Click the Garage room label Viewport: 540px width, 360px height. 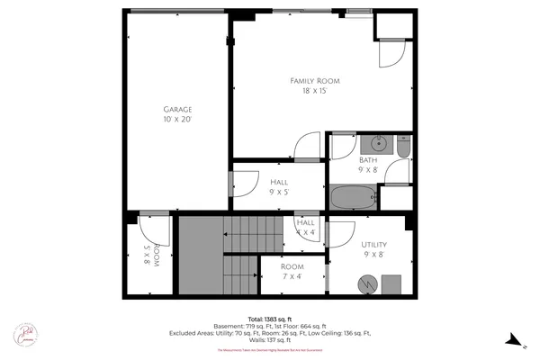(177, 113)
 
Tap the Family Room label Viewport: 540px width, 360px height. (320, 85)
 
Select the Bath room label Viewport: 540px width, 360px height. (367, 165)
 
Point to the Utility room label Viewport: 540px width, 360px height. (373, 249)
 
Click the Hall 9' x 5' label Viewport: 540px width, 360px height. (279, 186)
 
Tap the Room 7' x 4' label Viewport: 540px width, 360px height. (292, 272)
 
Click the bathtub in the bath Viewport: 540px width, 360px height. (351, 197)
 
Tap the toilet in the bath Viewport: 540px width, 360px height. (402, 145)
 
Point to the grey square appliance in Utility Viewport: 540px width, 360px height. (391, 284)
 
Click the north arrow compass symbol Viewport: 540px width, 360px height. (514, 338)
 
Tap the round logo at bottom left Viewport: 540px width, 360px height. (25, 335)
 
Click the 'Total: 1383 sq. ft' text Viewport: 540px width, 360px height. (269, 319)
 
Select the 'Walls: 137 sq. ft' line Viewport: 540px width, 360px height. (269, 340)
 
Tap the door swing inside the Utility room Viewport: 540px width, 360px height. (340, 235)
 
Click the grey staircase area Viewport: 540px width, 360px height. (216, 256)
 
